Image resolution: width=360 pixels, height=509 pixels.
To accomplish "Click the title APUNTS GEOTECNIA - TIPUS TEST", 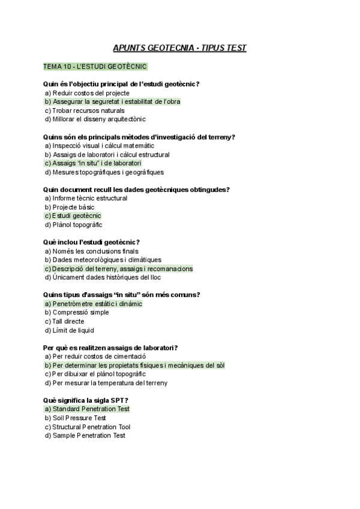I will tap(179, 47).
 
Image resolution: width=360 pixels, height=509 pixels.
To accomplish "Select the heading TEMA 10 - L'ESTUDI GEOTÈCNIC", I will tap(95, 66).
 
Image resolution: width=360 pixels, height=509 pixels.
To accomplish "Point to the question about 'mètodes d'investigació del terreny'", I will tap(140, 137).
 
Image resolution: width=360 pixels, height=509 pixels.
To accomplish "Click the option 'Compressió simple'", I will tap(80, 312).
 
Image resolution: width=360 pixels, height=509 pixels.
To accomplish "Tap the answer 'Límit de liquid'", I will tap(73, 330).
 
